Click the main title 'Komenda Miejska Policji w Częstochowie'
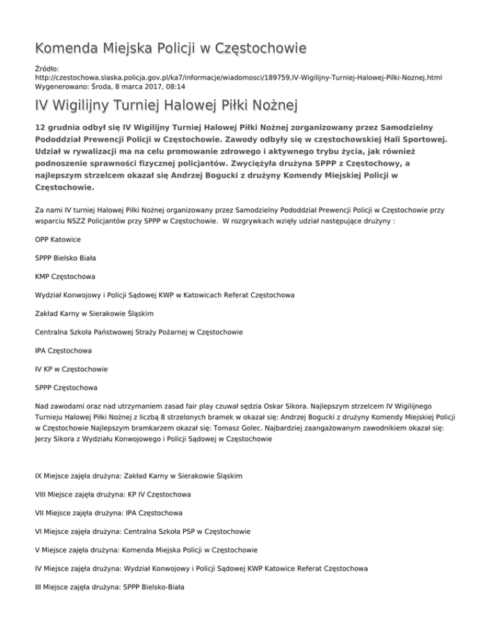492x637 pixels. pyautogui.click(x=161, y=48)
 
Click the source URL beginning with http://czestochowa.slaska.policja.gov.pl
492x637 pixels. pyautogui.click(x=238, y=77)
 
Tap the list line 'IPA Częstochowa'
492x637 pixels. pyautogui.click(x=63, y=351)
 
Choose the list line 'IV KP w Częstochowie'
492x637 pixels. pyautogui.click(x=71, y=370)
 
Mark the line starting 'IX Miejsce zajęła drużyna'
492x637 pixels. pyautogui.click(x=138, y=476)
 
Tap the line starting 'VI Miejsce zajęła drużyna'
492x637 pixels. pyautogui.click(x=143, y=532)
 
